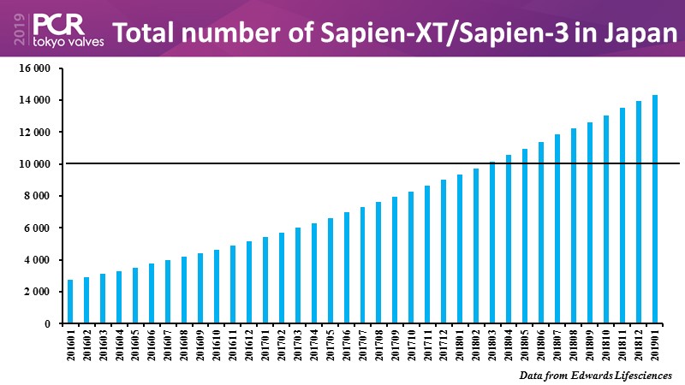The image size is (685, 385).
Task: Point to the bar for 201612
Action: (x=249, y=282)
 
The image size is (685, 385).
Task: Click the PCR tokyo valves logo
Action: (x=68, y=29)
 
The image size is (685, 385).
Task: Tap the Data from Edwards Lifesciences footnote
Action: (x=595, y=375)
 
